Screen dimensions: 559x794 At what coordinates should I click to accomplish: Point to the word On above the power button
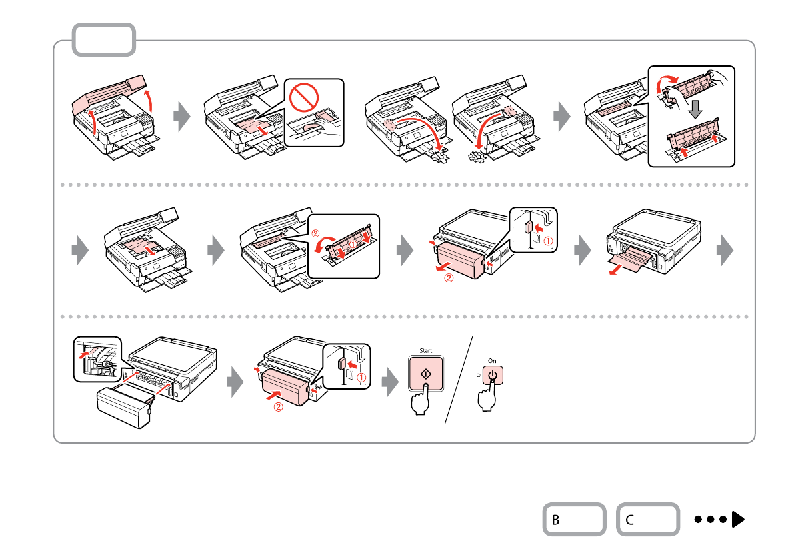tap(493, 360)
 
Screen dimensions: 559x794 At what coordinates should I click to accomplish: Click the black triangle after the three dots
tap(737, 519)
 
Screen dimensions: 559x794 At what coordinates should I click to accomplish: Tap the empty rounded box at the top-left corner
tap(104, 40)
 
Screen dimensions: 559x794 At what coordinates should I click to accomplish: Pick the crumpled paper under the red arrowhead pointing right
tap(439, 156)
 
